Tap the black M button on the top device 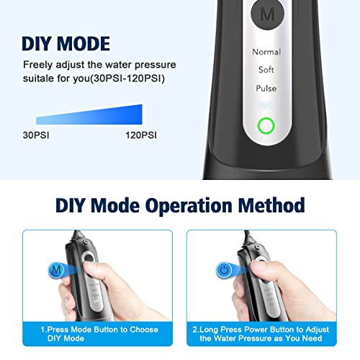tap(266, 13)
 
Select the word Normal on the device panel tap(266, 53)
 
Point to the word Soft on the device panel tap(266, 71)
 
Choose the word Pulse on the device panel tap(266, 89)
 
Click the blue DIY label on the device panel tap(266, 106)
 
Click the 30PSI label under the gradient tap(35, 134)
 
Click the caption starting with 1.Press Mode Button tap(98, 333)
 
